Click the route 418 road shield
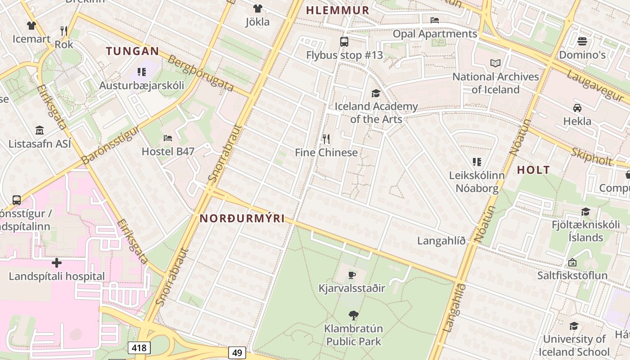(139, 347)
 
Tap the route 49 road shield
(237, 352)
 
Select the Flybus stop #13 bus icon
(344, 42)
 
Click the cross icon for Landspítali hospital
(57, 263)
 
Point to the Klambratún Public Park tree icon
(354, 315)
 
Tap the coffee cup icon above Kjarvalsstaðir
(352, 274)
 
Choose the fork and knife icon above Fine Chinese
(326, 139)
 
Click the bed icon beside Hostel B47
(168, 138)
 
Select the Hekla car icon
(577, 108)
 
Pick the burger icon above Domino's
(582, 41)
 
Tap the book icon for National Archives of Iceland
(495, 63)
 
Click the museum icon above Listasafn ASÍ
(40, 130)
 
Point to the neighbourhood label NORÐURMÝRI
(242, 219)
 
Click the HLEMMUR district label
(337, 10)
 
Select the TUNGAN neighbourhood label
(133, 51)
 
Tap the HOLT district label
(533, 170)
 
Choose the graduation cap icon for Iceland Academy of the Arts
(375, 93)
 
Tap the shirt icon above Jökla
(257, 8)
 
